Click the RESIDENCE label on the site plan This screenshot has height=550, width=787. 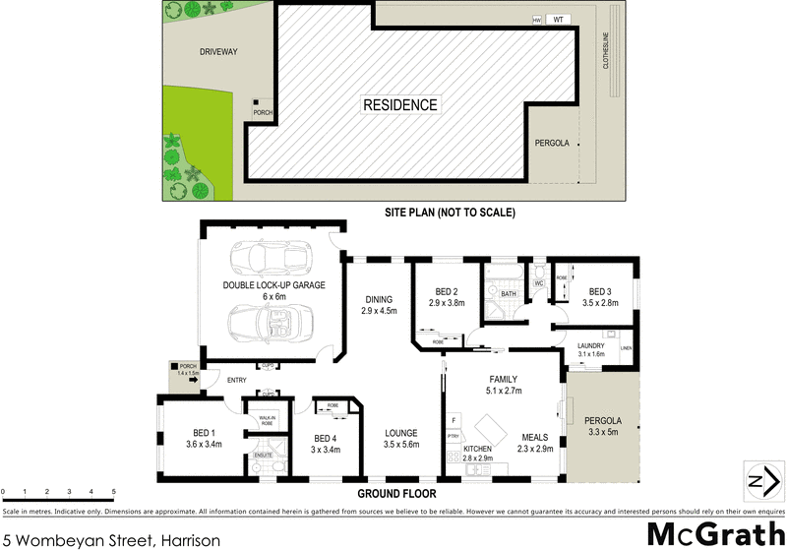pyautogui.click(x=400, y=105)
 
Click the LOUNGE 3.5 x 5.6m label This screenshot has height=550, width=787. pyautogui.click(x=401, y=438)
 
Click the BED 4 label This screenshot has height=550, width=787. pyautogui.click(x=326, y=444)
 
